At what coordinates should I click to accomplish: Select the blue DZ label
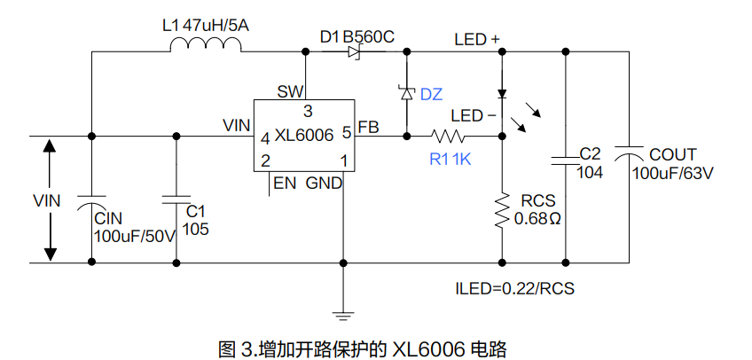click(431, 94)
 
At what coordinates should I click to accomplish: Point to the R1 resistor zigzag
click(449, 137)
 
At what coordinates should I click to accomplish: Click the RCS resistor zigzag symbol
click(502, 210)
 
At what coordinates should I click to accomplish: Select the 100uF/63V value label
click(673, 171)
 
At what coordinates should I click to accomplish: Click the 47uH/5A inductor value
click(215, 25)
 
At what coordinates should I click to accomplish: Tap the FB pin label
click(368, 128)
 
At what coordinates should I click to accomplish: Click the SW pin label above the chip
click(289, 91)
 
